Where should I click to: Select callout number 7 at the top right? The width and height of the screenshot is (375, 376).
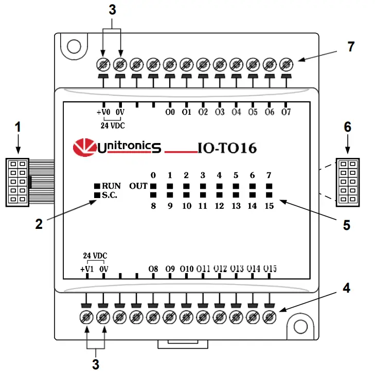pos(351,47)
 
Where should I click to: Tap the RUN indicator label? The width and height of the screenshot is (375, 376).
pos(111,186)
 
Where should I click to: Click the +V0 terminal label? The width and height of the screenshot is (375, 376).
pos(103,112)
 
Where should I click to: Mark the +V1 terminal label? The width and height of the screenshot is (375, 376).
pos(87,268)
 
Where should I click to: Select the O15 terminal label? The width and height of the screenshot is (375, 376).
pos(271,268)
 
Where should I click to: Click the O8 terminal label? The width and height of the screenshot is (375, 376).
pos(153,268)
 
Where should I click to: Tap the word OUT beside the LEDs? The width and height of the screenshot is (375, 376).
pos(137,186)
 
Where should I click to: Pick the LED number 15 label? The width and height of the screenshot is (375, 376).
pos(269,206)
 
